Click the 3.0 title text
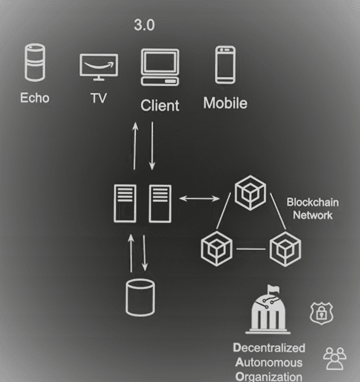[144, 25]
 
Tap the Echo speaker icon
[35, 63]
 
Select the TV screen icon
[99, 67]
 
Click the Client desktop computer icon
[160, 67]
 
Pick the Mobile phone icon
[225, 65]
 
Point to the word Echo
[35, 97]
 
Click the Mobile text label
[225, 103]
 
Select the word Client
[160, 106]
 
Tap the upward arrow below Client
[135, 146]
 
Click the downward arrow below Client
[152, 146]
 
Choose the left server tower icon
[125, 204]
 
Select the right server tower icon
[160, 204]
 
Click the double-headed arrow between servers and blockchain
[199, 199]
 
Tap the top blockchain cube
[251, 192]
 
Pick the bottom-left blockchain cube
[216, 249]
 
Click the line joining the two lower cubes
[251, 249]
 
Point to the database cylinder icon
[140, 297]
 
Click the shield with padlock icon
[321, 313]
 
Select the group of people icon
[335, 359]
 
